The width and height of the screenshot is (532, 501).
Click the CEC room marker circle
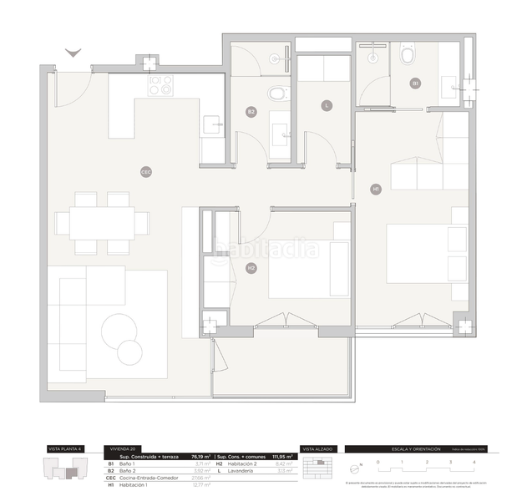click(146, 172)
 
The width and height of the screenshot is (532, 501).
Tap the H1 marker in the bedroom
click(376, 190)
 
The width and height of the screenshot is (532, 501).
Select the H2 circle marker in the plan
click(251, 268)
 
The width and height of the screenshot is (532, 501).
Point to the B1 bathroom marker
click(414, 83)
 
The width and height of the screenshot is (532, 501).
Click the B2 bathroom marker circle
click(251, 111)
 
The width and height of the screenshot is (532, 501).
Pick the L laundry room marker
click(327, 105)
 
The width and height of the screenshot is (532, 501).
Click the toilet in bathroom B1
click(408, 56)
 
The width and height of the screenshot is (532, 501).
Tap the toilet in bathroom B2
click(277, 93)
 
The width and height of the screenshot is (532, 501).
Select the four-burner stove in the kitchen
click(160, 85)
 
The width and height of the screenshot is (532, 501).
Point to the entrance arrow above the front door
click(73, 53)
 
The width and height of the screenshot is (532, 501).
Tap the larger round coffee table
click(119, 331)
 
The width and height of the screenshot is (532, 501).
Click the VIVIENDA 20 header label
click(119, 449)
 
